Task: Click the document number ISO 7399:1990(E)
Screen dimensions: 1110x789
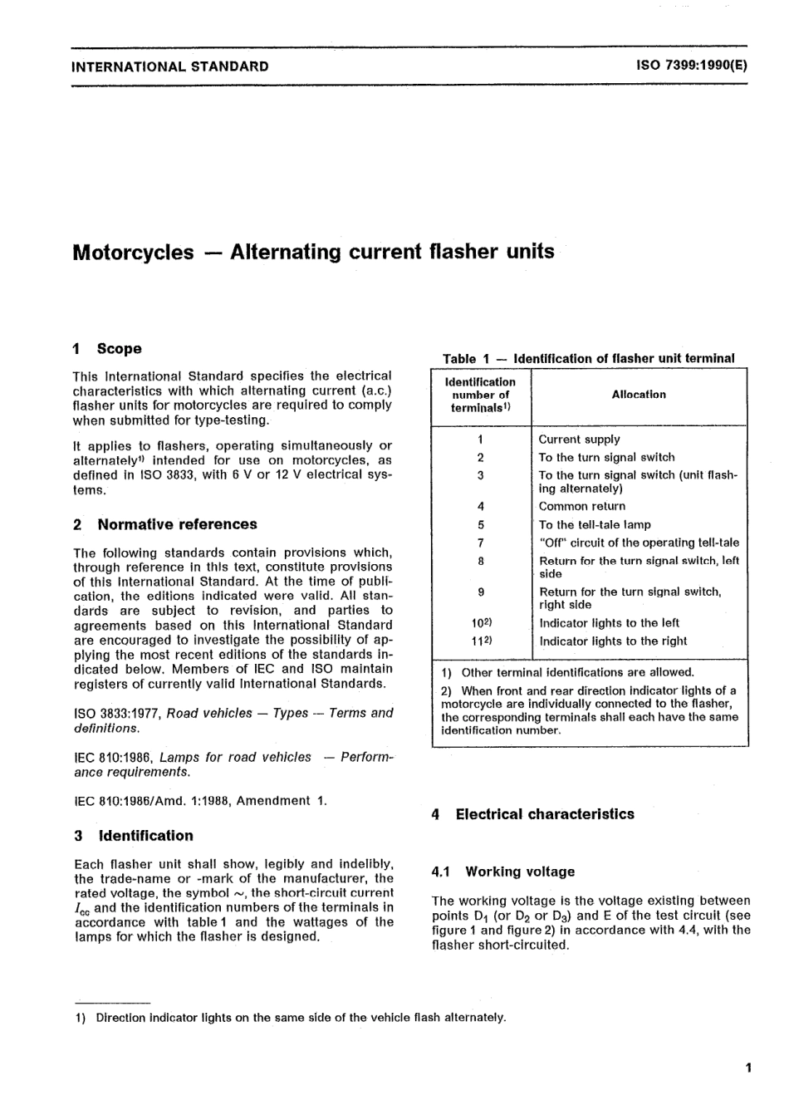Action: click(691, 66)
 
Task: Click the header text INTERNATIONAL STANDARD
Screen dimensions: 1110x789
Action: click(170, 66)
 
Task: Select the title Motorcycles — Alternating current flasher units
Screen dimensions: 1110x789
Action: click(313, 252)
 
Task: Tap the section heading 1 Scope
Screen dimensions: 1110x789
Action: click(107, 349)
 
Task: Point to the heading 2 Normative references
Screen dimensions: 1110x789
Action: click(165, 524)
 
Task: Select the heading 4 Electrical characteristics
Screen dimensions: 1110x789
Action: click(532, 814)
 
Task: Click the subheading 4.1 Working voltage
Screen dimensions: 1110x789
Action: click(503, 872)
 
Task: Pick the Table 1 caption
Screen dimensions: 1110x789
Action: click(588, 359)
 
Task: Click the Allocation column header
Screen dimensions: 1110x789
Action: click(639, 395)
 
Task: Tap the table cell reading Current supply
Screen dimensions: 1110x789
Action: click(579, 440)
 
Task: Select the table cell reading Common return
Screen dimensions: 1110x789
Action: click(581, 506)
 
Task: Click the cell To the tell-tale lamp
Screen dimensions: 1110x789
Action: click(595, 524)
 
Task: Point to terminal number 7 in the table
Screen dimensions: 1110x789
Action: click(481, 543)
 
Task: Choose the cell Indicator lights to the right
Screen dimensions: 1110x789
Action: click(613, 641)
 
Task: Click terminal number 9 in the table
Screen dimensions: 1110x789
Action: click(481, 592)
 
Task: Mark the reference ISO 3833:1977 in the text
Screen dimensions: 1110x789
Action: click(117, 713)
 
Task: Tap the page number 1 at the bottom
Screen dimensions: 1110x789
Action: click(748, 1068)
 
